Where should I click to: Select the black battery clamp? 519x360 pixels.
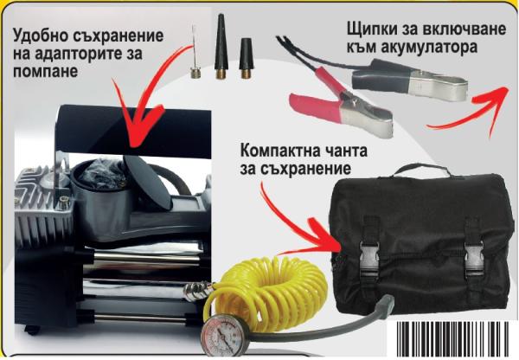coord(410,79)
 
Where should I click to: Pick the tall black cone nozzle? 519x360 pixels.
coord(220,47)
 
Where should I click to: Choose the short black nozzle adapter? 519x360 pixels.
coord(246,59)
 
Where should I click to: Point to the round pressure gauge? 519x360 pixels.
coord(221,334)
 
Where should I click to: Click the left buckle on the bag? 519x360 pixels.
coord(371,254)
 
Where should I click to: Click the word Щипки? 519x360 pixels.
coord(372,29)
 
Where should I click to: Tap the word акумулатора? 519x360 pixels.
coord(429,47)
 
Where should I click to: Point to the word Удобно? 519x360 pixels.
coord(40,35)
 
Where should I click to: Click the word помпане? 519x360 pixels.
coord(45,72)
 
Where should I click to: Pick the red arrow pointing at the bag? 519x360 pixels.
coord(298,225)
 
